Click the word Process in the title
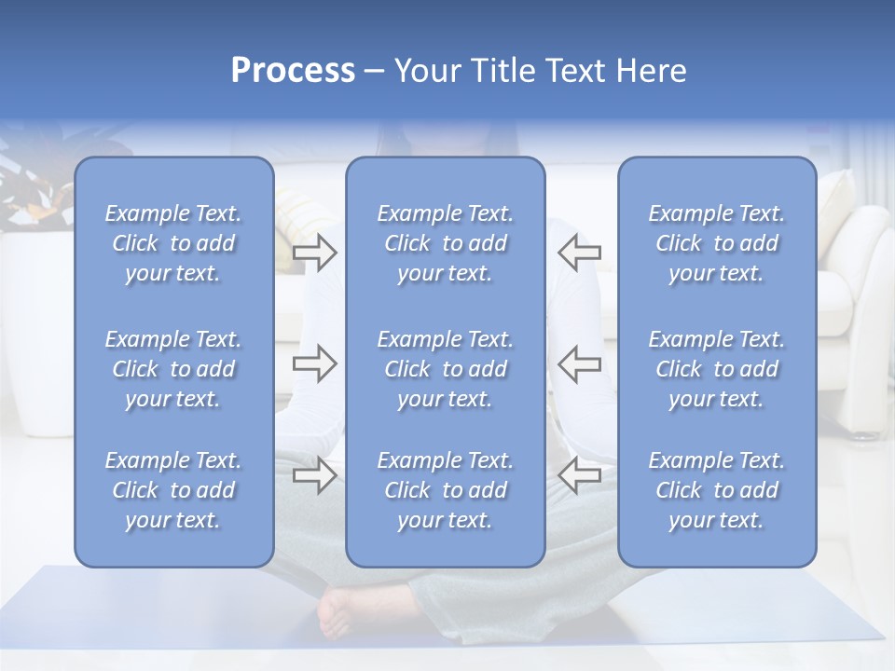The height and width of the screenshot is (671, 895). (293, 71)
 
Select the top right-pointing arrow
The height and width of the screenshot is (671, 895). (314, 253)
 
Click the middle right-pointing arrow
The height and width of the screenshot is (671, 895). (314, 363)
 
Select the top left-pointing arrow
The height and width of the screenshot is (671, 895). (580, 253)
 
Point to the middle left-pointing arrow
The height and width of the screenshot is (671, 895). (580, 363)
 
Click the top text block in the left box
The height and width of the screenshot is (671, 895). (173, 243)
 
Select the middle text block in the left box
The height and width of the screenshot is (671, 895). (173, 369)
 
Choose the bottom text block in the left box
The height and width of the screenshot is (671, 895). (173, 490)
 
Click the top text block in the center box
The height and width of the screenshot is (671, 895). (445, 243)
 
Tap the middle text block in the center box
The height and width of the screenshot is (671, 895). (445, 369)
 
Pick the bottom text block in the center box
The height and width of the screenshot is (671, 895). (445, 490)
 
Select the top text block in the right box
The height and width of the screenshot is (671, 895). (716, 243)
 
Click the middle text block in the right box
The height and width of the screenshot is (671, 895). (716, 369)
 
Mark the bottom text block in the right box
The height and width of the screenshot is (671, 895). (716, 490)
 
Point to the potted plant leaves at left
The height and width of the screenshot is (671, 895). (33, 186)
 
